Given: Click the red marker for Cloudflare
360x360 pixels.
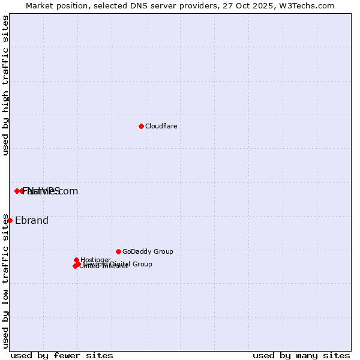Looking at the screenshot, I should pyautogui.click(x=141, y=126).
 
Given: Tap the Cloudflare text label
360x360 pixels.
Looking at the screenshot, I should pyautogui.click(x=161, y=126).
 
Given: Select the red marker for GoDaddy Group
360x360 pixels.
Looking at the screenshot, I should pyautogui.click(x=118, y=251).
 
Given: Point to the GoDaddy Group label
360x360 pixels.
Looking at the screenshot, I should pyautogui.click(x=147, y=251).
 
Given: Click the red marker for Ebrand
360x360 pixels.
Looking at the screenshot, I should pyautogui.click(x=10, y=220).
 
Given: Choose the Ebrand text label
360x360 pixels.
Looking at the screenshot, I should pyautogui.click(x=31, y=220).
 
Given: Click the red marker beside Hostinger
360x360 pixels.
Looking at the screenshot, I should pyautogui.click(x=76, y=260).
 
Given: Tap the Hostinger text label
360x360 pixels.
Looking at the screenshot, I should pyautogui.click(x=95, y=260).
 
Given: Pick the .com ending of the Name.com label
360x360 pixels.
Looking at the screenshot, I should pyautogui.click(x=67, y=191).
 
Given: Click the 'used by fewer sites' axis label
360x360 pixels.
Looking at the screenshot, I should pyautogui.click(x=62, y=355).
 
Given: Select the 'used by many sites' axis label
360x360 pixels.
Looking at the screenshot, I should pyautogui.click(x=301, y=355).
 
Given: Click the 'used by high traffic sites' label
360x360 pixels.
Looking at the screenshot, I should pyautogui.click(x=5, y=86).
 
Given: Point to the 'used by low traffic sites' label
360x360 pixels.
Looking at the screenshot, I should pyautogui.click(x=5, y=280).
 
